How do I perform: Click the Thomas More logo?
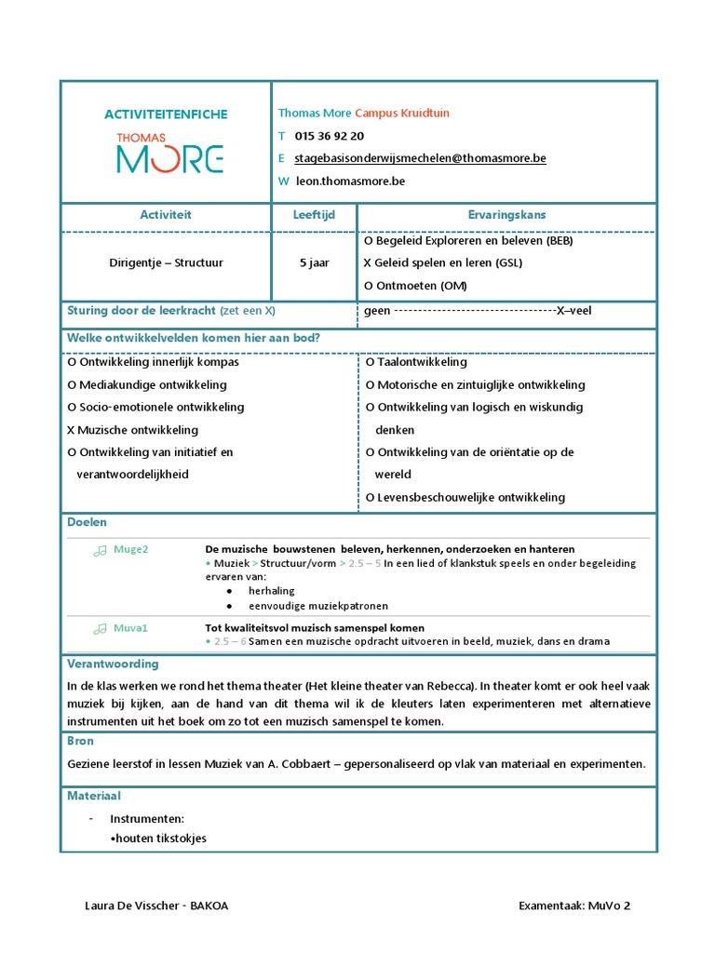169,154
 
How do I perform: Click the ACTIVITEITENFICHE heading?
166,114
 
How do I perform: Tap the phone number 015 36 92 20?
329,136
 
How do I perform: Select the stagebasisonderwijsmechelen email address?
420,158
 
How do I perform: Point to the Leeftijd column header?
314,215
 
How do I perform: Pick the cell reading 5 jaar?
314,263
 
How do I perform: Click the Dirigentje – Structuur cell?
166,263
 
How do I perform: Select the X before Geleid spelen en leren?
368,262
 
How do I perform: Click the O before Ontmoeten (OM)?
369,286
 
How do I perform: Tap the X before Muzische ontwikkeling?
72,430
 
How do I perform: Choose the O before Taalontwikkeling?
371,362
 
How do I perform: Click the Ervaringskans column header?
506,215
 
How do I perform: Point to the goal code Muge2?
131,549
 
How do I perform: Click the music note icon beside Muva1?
100,629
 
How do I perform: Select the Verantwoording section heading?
113,664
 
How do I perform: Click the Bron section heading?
80,741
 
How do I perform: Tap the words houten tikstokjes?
158,839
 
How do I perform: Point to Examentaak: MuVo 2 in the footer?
574,905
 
